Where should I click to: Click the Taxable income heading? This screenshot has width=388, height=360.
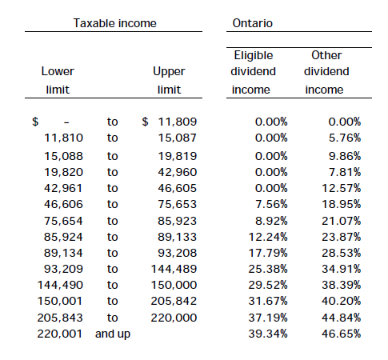pos(115,23)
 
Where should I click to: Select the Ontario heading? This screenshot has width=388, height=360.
pos(253,23)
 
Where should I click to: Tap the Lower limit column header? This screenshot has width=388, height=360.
pos(58,80)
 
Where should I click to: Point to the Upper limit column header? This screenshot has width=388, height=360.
pos(169,80)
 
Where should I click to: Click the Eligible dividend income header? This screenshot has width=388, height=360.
pos(253,72)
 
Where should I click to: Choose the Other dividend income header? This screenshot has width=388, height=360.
pos(326,72)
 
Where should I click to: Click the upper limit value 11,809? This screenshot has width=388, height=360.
pos(178,122)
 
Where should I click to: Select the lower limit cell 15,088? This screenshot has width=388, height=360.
pos(63,156)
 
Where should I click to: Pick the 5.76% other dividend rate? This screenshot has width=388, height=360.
pos(345,138)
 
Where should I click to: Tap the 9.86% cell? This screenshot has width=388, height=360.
pos(345,156)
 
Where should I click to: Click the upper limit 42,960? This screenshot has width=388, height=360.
pos(178,172)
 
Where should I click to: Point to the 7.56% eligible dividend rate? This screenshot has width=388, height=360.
pos(271,204)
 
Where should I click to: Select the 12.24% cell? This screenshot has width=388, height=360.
pos(268,237)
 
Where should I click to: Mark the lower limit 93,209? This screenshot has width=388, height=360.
pos(63,269)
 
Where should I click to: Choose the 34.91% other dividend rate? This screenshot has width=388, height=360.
pos(341,269)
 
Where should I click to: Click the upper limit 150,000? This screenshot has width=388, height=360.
pos(174,285)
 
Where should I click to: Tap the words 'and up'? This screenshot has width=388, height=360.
pos(113,334)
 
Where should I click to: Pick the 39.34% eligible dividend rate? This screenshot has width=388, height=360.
pos(268,334)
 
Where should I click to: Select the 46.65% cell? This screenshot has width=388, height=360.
pos(341,334)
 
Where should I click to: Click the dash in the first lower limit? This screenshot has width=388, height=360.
pos(66,122)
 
